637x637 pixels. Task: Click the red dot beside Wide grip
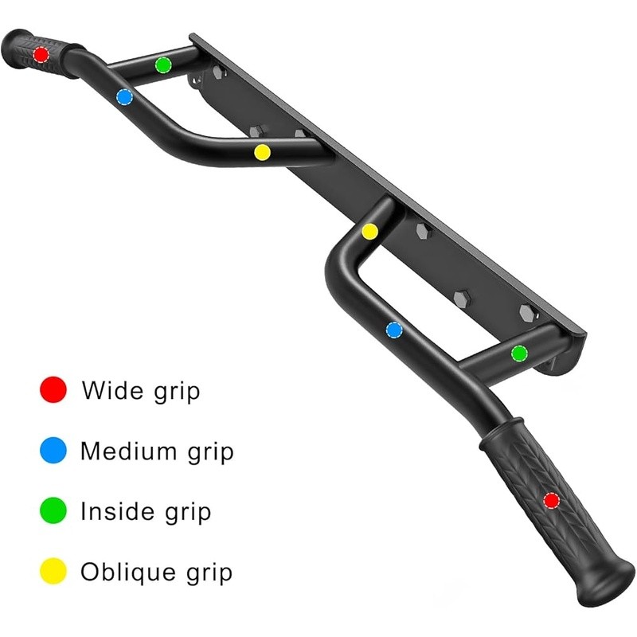coord(53,390)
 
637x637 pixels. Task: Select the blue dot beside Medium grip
coord(53,451)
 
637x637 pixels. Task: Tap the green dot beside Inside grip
coord(53,511)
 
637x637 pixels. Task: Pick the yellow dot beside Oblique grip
coord(53,571)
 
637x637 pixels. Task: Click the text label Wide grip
coord(141,391)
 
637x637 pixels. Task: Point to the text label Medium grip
coord(157,451)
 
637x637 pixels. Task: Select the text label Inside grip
coord(146,511)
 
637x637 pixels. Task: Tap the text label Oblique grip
coord(156,571)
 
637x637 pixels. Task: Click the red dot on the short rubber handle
coord(41,54)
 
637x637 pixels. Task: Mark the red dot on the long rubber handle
coord(551,500)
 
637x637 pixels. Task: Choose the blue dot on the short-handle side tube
coord(123,97)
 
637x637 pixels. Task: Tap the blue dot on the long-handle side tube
coord(394,329)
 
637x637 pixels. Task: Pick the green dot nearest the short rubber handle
coord(163,64)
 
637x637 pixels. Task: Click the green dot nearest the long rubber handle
coord(519,353)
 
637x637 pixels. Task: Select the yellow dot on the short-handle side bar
coord(262,151)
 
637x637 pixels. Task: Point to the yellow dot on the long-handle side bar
coord(369,231)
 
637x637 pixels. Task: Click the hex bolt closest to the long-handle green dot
coord(528,312)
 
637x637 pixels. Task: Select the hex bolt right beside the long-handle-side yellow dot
coord(424,231)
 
